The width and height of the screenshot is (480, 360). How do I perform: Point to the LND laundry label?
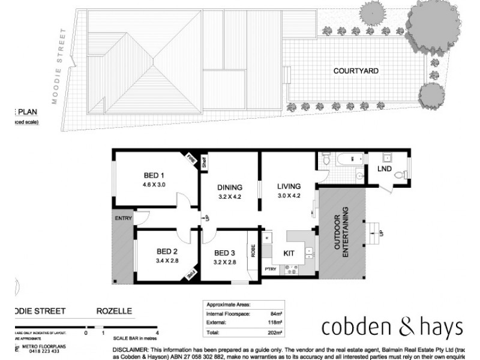385,169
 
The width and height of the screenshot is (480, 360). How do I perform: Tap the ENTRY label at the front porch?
122,218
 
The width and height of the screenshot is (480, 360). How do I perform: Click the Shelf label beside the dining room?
204,162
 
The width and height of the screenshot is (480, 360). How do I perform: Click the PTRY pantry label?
271,269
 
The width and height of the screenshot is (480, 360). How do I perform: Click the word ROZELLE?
115,311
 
